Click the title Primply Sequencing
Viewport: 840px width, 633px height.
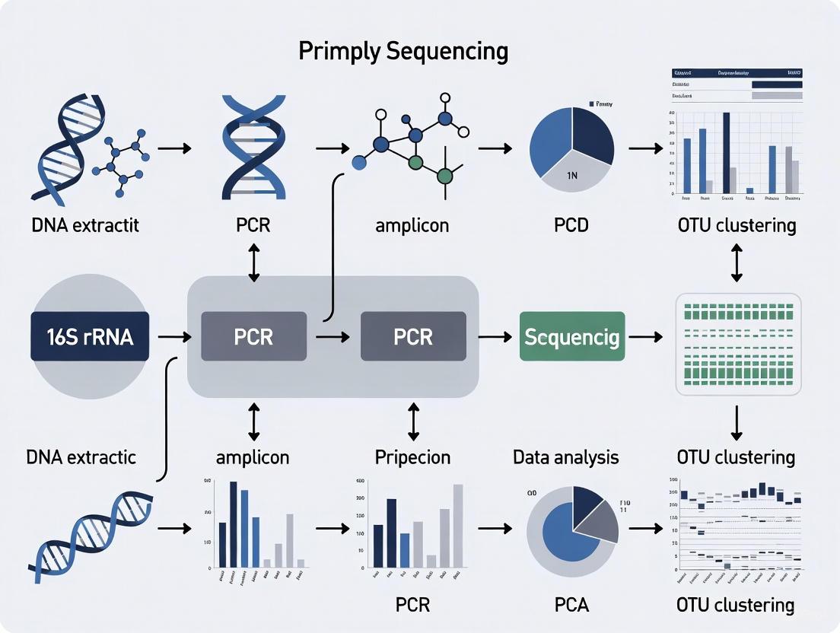[x=402, y=51]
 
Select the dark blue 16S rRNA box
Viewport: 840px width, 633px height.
[x=90, y=336]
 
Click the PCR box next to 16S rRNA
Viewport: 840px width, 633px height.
[x=253, y=336]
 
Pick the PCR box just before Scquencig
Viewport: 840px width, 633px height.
[x=413, y=336]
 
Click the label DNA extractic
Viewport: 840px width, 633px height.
[x=81, y=457]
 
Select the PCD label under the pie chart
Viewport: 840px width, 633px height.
[x=571, y=225]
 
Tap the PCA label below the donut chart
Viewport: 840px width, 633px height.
[x=571, y=606]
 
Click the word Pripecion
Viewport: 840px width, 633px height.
[x=413, y=457]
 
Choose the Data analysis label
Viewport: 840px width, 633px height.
[x=565, y=457]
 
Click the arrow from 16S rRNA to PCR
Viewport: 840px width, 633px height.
[x=173, y=336]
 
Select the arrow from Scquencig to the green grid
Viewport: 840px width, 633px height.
[x=646, y=336]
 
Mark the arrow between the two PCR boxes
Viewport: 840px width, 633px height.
[x=333, y=336]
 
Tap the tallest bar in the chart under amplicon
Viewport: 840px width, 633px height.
[x=234, y=524]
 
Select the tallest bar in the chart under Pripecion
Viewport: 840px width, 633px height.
[x=458, y=526]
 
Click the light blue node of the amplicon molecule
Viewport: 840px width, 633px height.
[x=359, y=162]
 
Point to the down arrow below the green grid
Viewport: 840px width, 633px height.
[x=736, y=423]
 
